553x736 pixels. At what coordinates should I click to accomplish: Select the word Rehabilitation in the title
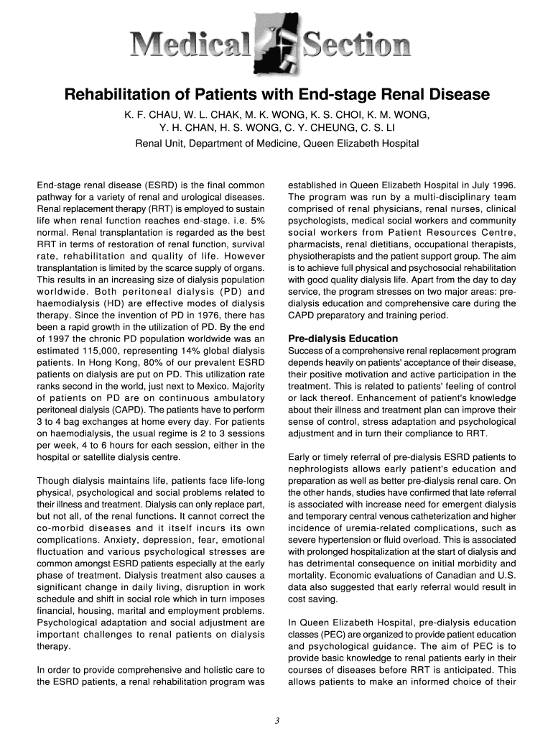coord(122,95)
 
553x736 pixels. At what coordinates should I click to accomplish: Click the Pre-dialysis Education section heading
coord(343,338)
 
